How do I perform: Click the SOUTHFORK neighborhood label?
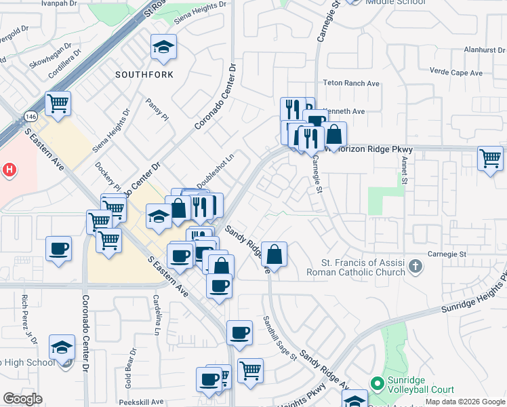tap(144, 74)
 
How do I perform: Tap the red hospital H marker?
tap(8, 169)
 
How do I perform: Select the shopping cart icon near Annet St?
tap(490, 159)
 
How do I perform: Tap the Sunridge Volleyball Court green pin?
tap(378, 384)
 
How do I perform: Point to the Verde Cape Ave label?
tap(458, 73)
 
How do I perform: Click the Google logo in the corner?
tap(22, 399)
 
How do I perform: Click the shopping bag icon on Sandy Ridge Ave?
tap(274, 255)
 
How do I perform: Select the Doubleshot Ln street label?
tap(216, 171)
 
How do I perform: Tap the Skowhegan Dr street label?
tap(52, 59)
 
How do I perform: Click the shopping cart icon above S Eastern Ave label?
tap(58, 104)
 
